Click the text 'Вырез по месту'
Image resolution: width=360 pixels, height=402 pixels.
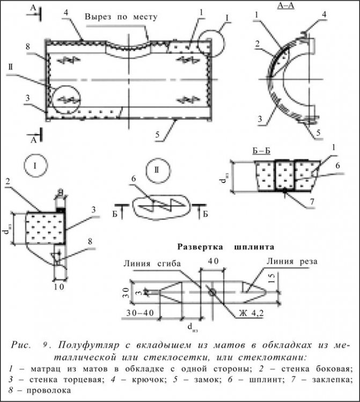(x=121, y=17)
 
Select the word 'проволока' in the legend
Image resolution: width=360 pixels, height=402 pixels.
(x=43, y=391)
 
